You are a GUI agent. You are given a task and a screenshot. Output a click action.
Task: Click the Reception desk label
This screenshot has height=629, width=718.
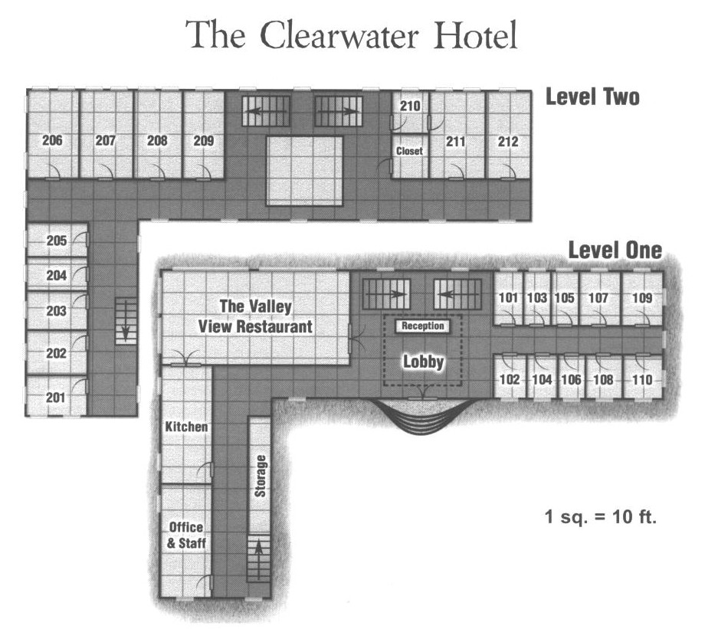pos(423,326)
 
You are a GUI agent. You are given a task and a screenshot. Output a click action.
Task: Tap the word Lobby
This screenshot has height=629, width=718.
pos(423,362)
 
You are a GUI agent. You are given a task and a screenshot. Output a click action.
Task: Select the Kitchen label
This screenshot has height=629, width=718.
pos(186,427)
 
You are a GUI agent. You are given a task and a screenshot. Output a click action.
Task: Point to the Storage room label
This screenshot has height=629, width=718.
pos(260,476)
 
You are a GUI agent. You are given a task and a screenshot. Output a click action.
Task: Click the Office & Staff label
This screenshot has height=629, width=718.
pos(186,536)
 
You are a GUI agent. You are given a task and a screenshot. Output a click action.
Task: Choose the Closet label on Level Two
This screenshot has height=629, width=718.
pos(409,151)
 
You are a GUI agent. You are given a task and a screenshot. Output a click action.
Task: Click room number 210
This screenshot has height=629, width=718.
pos(410,106)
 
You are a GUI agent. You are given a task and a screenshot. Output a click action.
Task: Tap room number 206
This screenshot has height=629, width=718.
pos(52,140)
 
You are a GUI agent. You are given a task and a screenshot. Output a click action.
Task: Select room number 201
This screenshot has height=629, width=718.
pos(55,398)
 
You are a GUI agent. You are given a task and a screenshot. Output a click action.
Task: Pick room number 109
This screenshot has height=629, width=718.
pos(642,297)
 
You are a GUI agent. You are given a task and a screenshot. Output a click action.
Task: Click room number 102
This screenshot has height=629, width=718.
pos(510,379)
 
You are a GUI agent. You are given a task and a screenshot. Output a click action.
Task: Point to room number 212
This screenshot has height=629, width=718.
pos(508,142)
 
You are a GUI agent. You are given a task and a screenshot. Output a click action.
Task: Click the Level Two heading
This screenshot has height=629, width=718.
pos(592,97)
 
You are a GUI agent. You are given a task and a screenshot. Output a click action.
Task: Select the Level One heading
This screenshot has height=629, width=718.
pos(615,250)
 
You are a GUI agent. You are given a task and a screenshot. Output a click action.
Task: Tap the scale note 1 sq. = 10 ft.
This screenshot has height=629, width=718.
pos(601,517)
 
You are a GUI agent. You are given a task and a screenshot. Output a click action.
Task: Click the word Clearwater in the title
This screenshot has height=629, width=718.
pos(339,35)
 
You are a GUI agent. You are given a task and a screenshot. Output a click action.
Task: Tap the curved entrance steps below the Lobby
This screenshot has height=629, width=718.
pos(421,416)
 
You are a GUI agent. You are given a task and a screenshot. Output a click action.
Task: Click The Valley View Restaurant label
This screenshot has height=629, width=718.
pos(255,316)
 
